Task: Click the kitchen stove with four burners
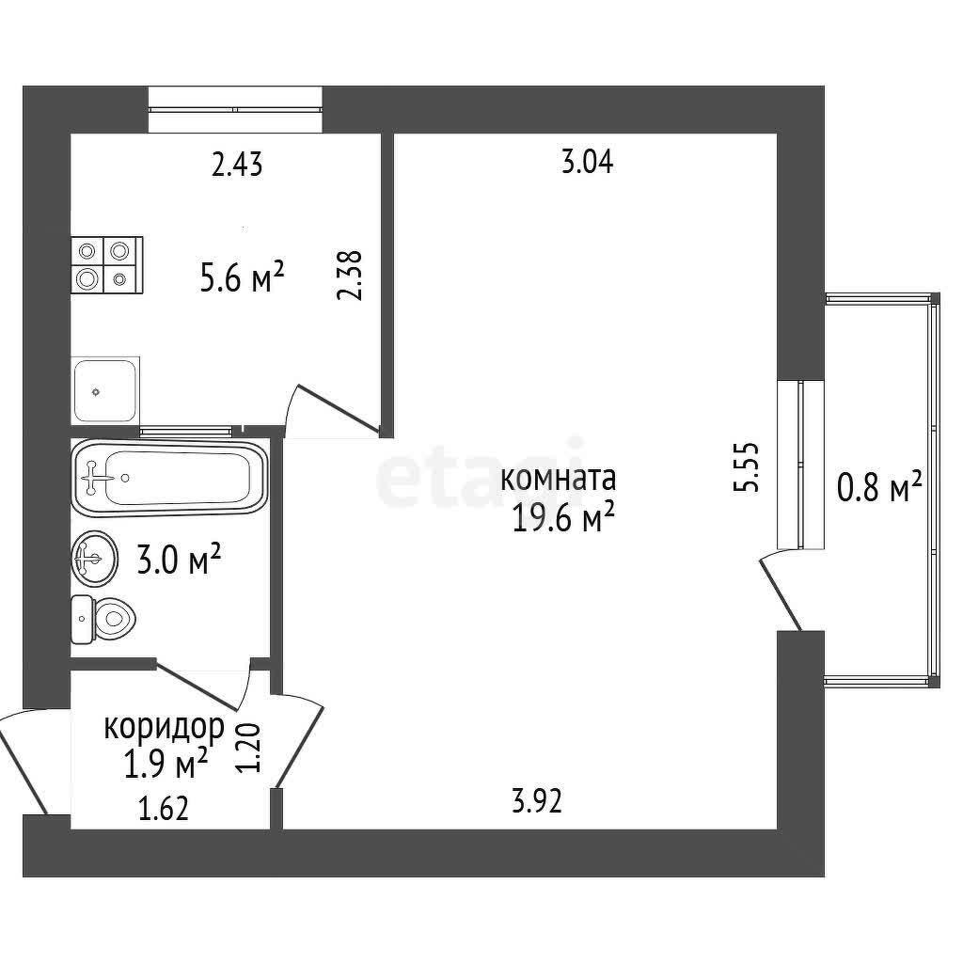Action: pos(107,265)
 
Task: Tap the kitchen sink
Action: pos(105,390)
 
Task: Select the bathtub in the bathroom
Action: pos(169,479)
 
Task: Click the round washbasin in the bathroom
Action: pos(94,559)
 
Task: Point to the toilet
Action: pos(103,619)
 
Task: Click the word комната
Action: pos(559,479)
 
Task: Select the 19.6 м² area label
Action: pos(563,518)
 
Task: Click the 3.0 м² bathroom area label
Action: pos(179,559)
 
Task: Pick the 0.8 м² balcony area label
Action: pos(880,488)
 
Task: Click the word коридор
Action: pos(164,729)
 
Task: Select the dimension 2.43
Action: pos(237,166)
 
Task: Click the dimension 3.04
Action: pos(588,163)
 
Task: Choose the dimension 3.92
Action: pos(537,801)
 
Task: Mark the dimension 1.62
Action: pos(164,808)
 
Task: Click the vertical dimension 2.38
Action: pos(350,276)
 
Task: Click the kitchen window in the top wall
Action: pos(235,110)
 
